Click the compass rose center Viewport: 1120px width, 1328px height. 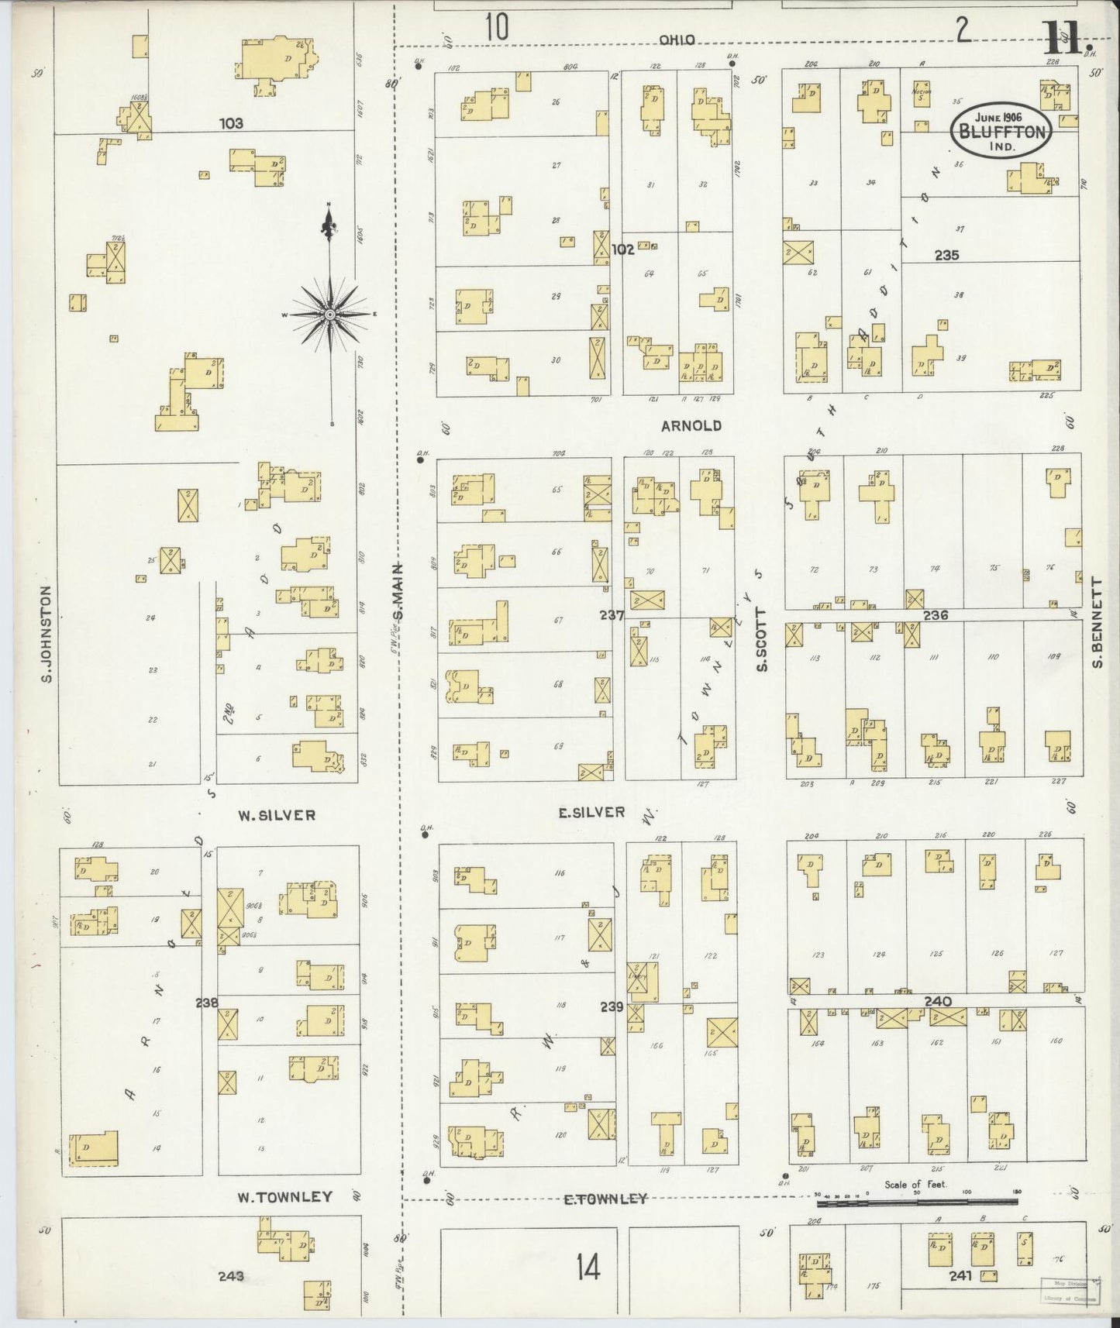pyautogui.click(x=329, y=315)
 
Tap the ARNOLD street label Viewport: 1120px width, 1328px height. pyautogui.click(x=691, y=425)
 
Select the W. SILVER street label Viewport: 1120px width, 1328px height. pyautogui.click(x=276, y=815)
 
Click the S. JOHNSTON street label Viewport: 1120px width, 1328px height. pyautogui.click(x=46, y=634)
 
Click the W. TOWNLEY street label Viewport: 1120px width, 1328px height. pyautogui.click(x=284, y=1219)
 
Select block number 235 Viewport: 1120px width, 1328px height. pyautogui.click(x=946, y=254)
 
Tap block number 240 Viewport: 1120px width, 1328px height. pyautogui.click(x=937, y=1001)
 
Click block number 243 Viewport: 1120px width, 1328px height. pyautogui.click(x=231, y=1275)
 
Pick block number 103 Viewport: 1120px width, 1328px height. pyautogui.click(x=231, y=122)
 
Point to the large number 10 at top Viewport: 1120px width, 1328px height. pyautogui.click(x=497, y=28)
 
